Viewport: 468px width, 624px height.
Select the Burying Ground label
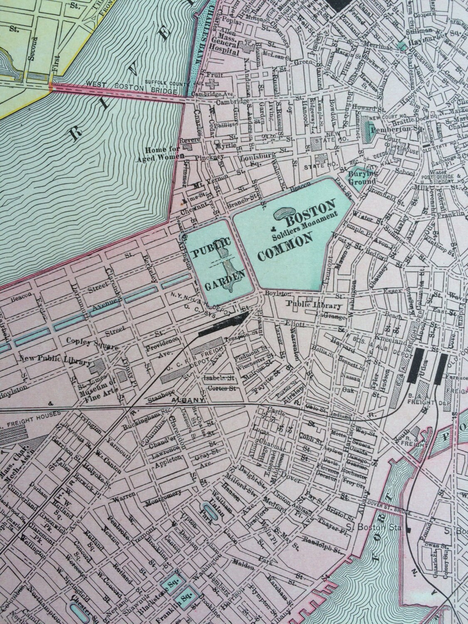[x=363, y=178]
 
